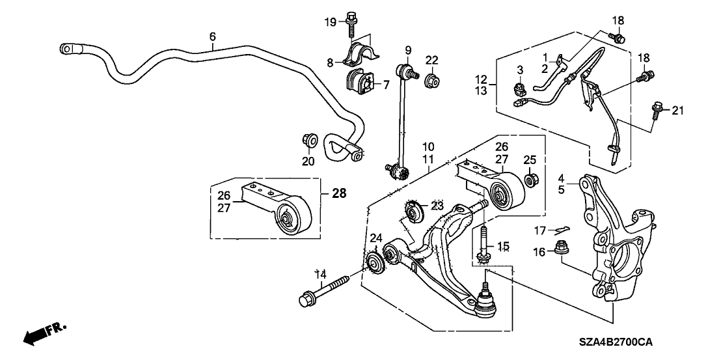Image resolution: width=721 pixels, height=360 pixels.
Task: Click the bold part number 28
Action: (339, 193)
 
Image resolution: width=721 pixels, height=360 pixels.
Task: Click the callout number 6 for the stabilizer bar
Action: (212, 36)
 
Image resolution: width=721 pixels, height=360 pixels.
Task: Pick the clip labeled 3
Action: (521, 86)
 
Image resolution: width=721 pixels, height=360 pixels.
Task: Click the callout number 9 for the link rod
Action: (408, 49)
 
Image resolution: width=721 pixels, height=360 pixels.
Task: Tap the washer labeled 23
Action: (414, 212)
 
